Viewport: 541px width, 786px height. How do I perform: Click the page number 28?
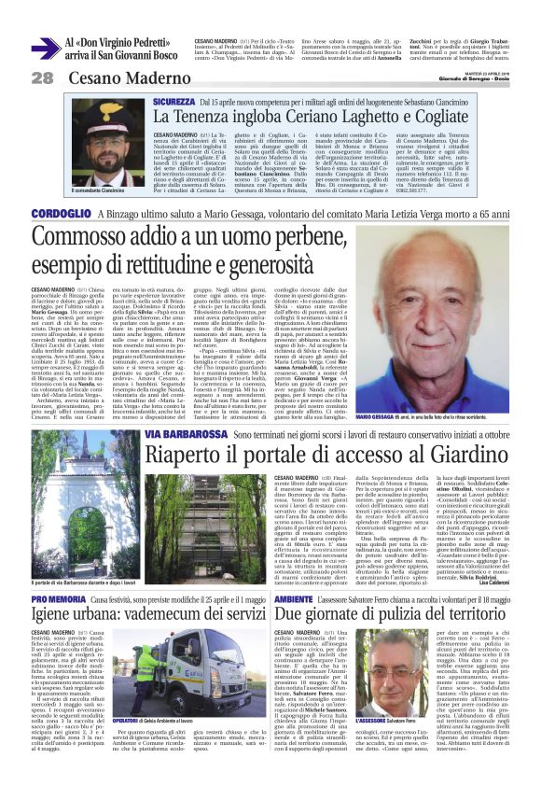(42, 77)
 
